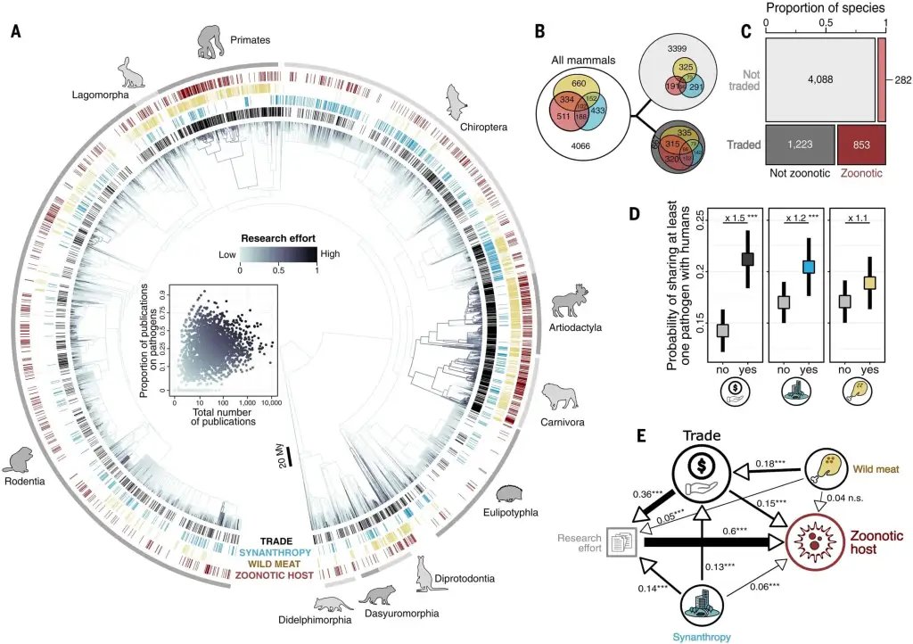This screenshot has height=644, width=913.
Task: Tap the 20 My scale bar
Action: point(289,469)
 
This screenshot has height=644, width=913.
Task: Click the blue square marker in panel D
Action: point(807,266)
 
